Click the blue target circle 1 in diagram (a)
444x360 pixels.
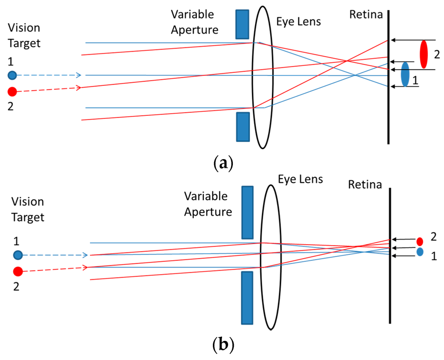(12, 75)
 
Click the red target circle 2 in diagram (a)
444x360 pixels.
(12, 92)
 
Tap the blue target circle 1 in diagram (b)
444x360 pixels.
(17, 255)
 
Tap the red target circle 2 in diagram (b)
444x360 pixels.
(17, 272)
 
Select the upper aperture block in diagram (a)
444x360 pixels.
(242, 24)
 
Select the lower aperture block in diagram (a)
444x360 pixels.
(243, 127)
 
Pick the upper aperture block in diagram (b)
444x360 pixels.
(247, 213)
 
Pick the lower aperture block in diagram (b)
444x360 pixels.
(247, 298)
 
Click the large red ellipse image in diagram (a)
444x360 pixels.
(424, 54)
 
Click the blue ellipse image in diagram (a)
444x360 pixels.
(405, 74)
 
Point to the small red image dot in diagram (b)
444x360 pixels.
(420, 242)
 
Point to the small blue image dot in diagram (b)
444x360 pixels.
(420, 252)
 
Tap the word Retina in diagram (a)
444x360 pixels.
(366, 15)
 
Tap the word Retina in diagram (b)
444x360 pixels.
(365, 185)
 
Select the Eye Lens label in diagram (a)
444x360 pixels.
(299, 21)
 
